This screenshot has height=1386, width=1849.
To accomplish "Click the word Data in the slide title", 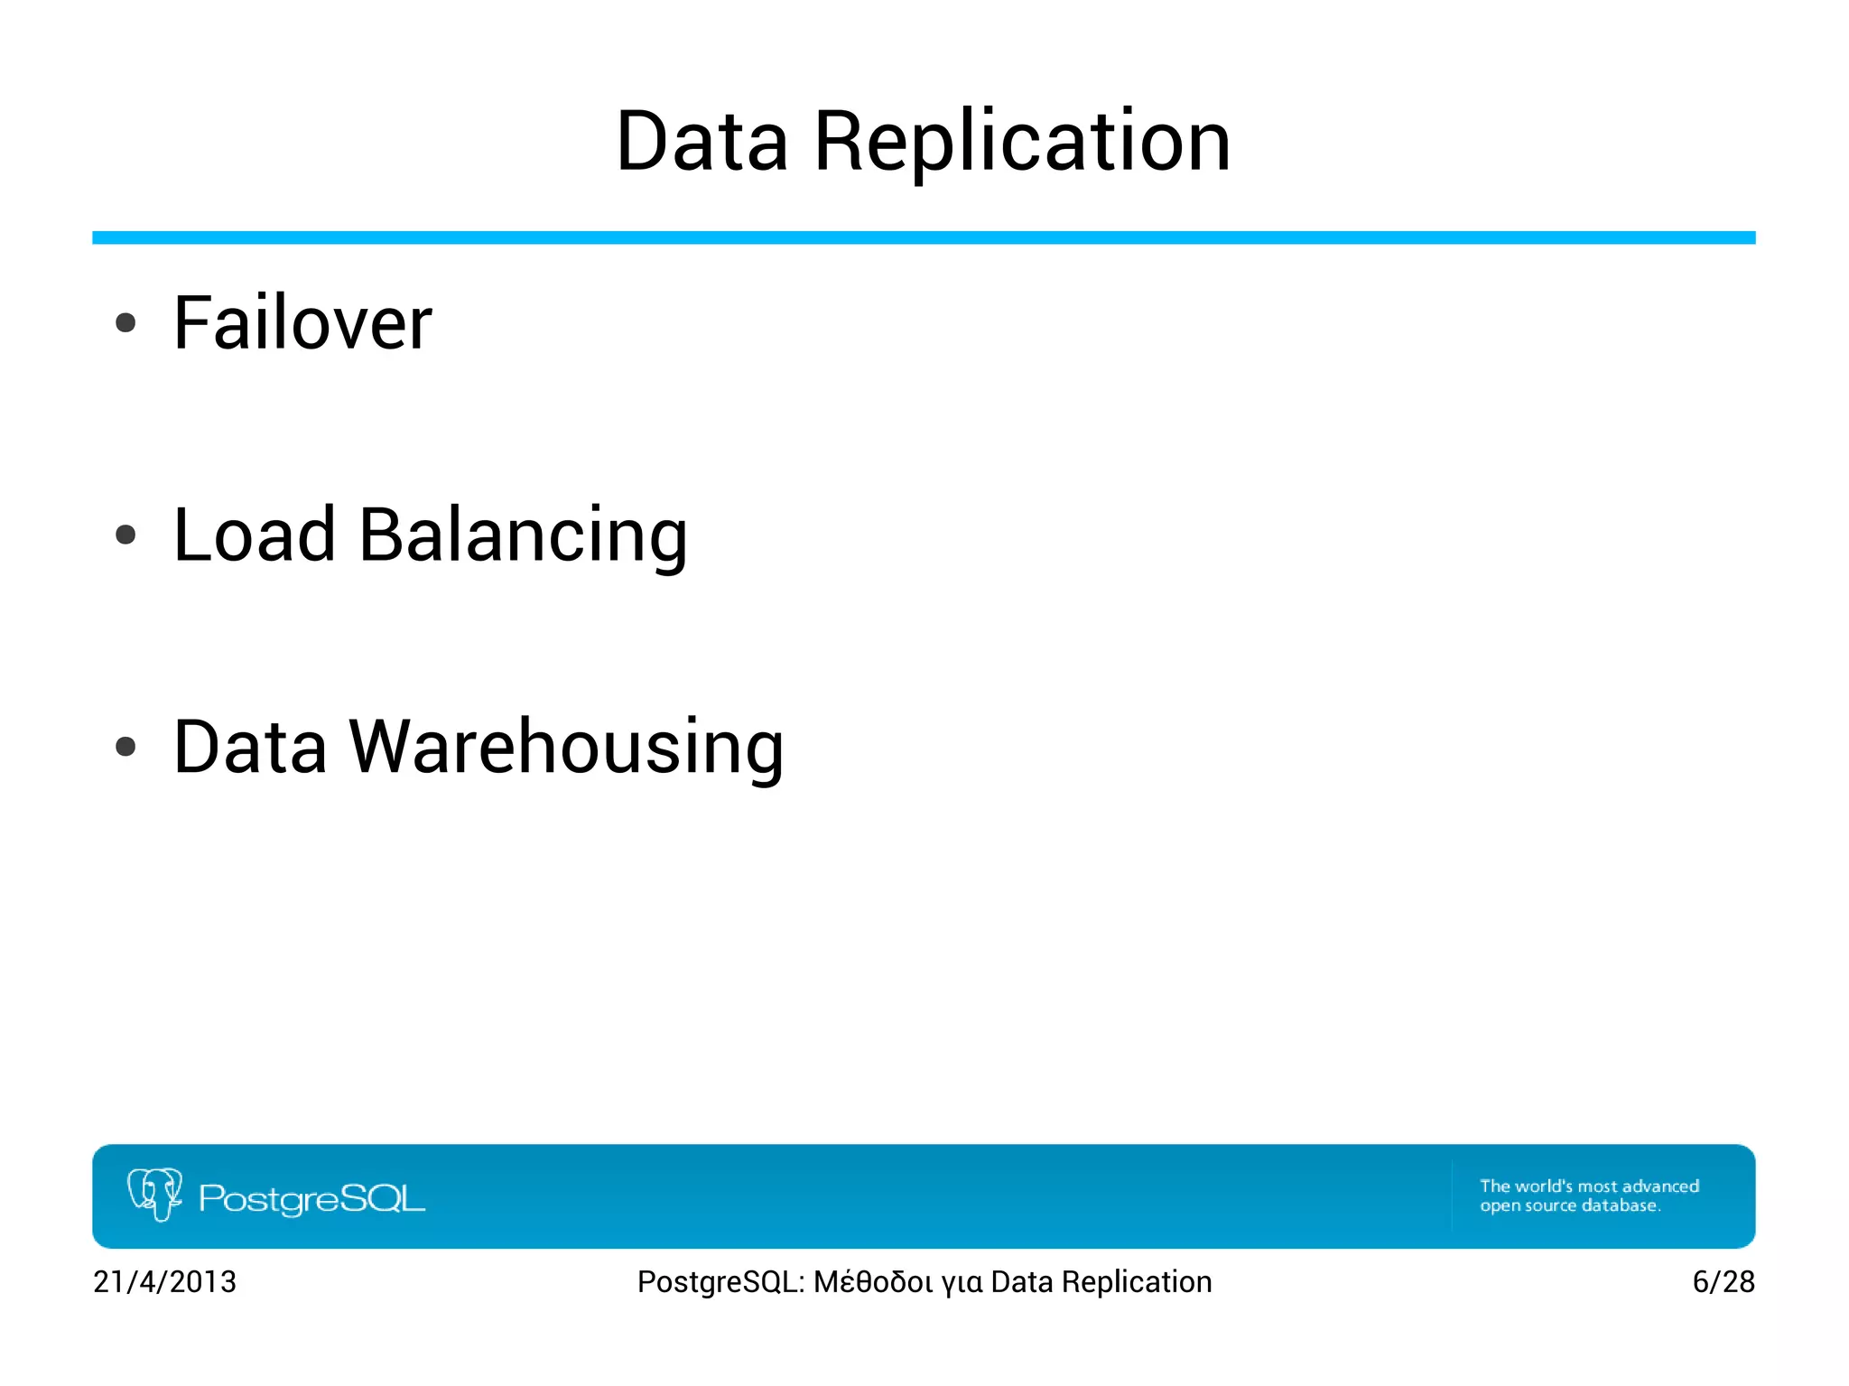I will tap(702, 142).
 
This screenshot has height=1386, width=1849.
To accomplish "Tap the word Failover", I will tap(302, 323).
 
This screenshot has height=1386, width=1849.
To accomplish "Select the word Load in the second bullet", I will tap(254, 535).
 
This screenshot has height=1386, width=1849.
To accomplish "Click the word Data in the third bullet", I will tap(250, 748).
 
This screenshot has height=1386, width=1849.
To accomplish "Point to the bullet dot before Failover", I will tap(125, 323).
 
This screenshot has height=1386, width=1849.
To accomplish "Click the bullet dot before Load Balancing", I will tap(125, 535).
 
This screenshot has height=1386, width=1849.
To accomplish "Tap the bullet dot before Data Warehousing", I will tap(125, 747).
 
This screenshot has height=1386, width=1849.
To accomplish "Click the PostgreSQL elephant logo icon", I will tap(155, 1194).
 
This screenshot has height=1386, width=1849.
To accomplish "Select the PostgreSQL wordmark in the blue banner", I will tap(311, 1199).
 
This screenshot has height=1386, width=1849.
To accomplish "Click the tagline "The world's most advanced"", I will tap(1589, 1186).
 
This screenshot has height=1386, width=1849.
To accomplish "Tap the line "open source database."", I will tap(1569, 1206).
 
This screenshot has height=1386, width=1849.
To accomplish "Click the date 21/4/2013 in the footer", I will tap(164, 1282).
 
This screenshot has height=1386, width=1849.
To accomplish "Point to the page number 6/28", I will tap(1723, 1282).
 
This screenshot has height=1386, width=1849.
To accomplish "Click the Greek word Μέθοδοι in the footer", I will tap(872, 1282).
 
